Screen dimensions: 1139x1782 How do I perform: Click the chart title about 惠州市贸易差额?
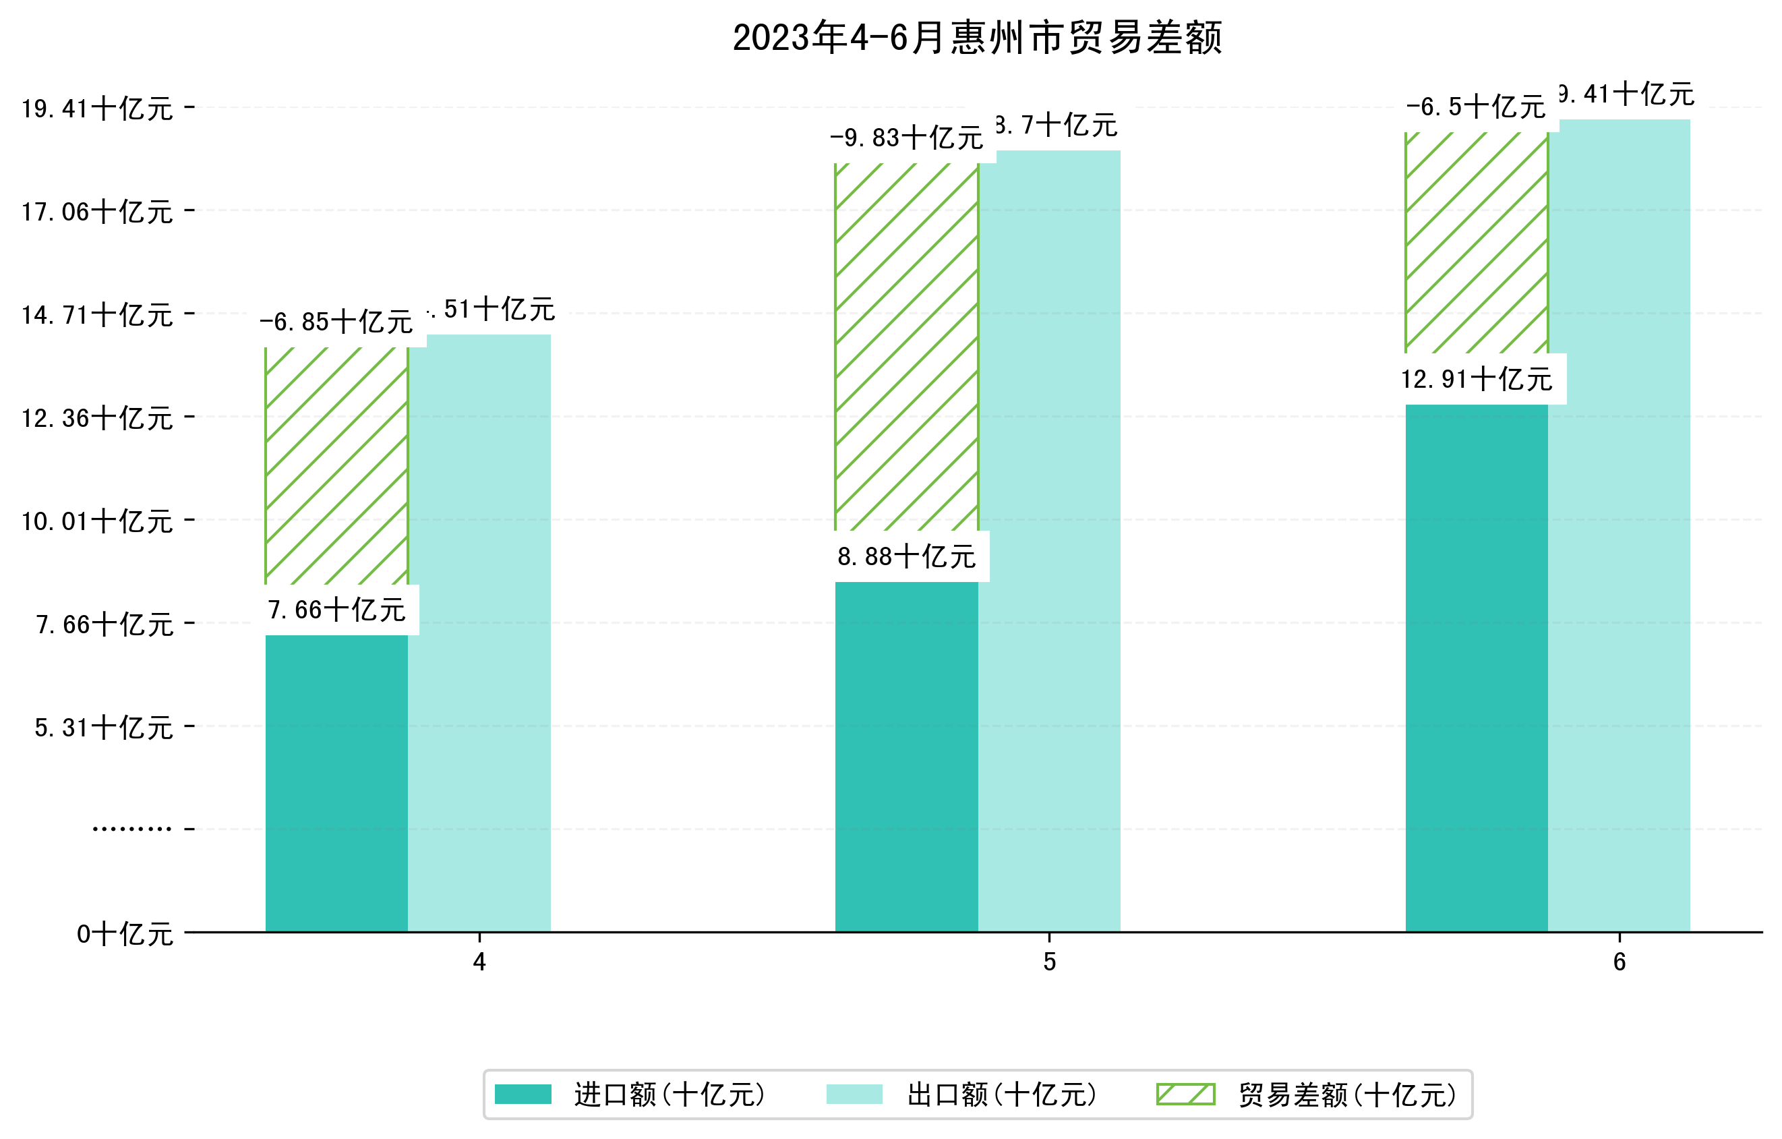977,38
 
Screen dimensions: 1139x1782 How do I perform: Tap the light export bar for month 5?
1049,540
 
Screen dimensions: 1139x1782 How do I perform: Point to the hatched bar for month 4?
336,465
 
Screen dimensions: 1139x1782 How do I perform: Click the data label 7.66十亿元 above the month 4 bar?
336,610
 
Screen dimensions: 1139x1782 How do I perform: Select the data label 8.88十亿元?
907,556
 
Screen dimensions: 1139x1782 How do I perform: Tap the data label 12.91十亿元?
1477,380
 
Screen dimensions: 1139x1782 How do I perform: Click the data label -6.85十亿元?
336,322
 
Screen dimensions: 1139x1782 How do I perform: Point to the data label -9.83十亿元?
907,138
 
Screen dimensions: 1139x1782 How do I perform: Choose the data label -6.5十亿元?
1476,107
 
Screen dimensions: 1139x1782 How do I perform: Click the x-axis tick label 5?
1049,962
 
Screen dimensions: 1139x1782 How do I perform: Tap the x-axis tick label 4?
479,962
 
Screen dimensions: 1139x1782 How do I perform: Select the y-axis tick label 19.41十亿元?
98,109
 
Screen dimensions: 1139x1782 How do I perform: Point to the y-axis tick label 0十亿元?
125,934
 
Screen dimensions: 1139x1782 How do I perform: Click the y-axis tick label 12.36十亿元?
98,418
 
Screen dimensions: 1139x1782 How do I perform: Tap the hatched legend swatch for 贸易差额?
1185,1094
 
